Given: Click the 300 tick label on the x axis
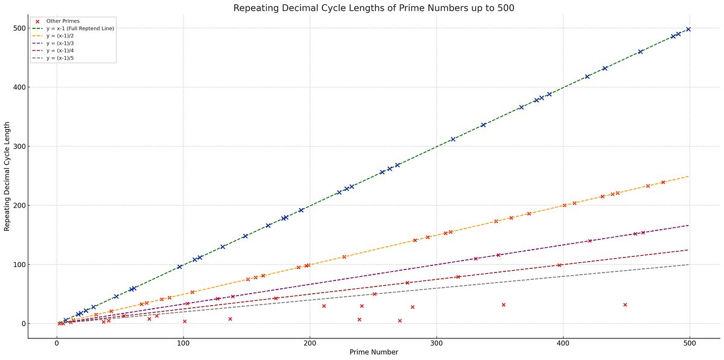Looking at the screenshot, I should click(437, 344).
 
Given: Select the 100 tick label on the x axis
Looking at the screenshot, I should click(183, 344).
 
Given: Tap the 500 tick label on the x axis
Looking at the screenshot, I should click(690, 344).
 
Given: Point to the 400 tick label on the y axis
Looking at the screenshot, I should click(19, 87).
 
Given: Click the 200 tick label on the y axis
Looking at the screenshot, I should click(19, 206).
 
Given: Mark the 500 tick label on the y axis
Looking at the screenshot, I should click(19, 28).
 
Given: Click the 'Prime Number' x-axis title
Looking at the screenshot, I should click(374, 353).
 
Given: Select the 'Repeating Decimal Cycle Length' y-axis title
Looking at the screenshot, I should click(7, 175).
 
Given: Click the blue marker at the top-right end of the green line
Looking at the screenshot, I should click(688, 29).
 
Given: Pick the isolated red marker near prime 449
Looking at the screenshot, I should click(625, 305).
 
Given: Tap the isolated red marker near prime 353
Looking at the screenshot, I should click(504, 305).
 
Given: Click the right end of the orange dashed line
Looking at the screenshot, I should click(688, 177).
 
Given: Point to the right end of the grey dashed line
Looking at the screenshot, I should click(688, 265).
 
